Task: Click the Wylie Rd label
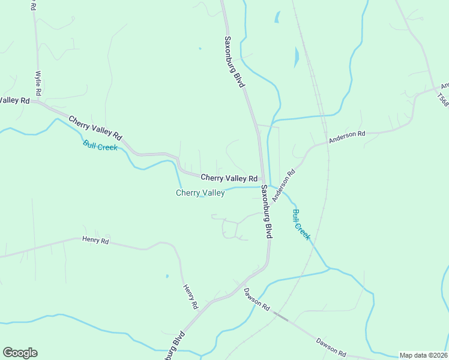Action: tap(38, 83)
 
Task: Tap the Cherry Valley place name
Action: tap(200, 193)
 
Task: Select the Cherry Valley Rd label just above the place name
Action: tap(229, 178)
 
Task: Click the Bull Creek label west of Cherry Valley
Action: tap(100, 146)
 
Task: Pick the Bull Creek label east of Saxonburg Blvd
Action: tap(301, 224)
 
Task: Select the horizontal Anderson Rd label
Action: tap(347, 137)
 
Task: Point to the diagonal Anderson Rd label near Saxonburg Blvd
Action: tap(284, 185)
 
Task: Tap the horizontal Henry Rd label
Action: tap(95, 241)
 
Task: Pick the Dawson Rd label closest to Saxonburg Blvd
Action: tap(256, 298)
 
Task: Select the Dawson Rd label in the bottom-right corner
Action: tap(331, 347)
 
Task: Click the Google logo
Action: tap(20, 353)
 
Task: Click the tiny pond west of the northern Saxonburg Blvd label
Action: tap(199, 49)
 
